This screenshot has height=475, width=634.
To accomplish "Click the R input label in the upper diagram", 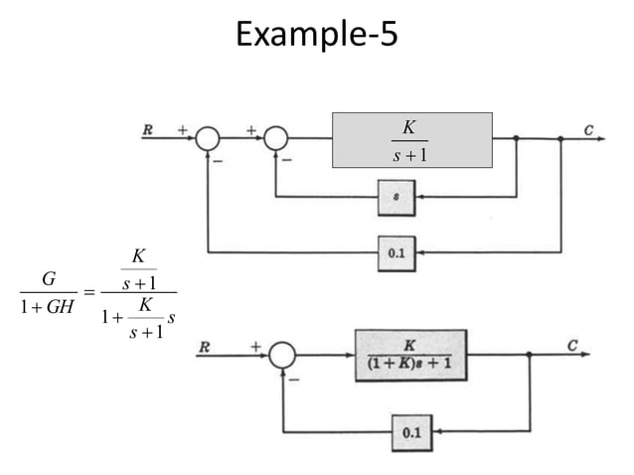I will click(147, 128).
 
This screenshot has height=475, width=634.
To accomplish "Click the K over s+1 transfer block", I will click(411, 140).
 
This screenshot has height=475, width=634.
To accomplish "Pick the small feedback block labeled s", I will click(396, 196).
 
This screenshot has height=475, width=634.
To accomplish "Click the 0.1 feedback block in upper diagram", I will click(396, 252).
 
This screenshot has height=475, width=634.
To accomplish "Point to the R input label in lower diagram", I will click(204, 347).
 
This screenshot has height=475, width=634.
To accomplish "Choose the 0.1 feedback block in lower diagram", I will click(411, 432).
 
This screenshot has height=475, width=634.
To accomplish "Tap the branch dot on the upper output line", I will click(560, 140).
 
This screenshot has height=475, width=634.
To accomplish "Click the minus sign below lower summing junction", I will click(295, 379).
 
